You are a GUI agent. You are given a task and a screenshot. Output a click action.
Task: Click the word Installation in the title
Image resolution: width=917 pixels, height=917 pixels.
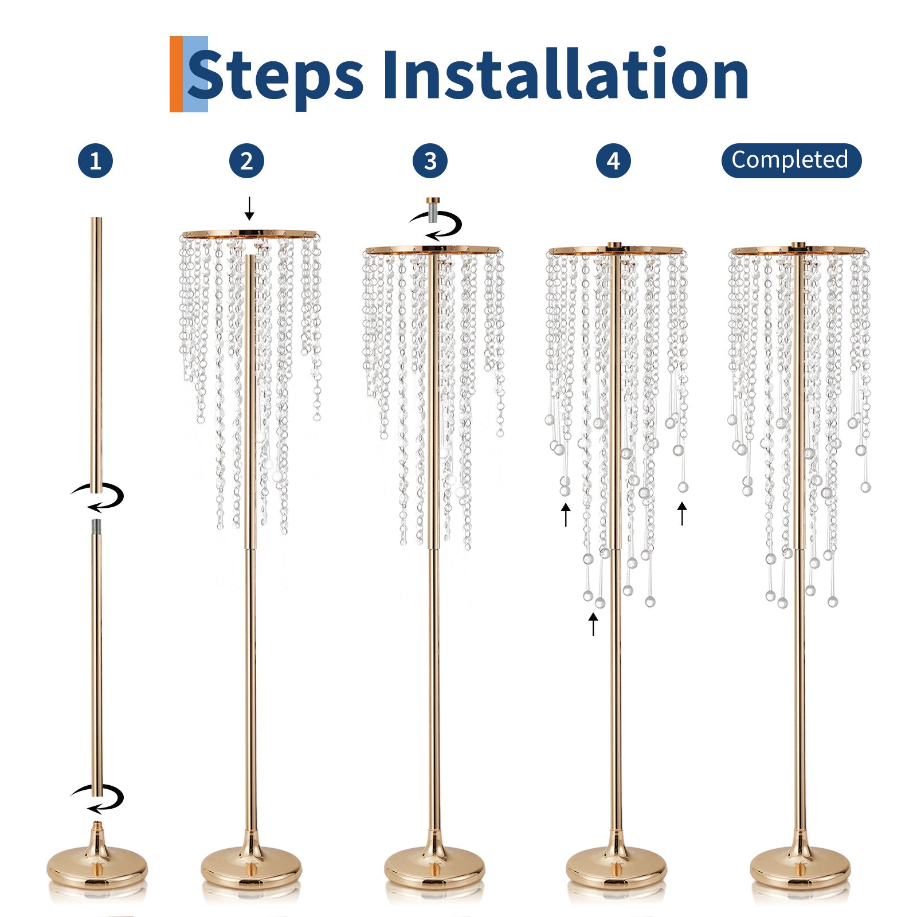tap(565, 74)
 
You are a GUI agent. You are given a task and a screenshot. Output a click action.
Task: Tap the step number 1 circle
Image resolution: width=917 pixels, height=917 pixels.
tap(95, 160)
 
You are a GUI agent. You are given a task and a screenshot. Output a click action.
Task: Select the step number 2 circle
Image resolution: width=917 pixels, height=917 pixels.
tap(246, 160)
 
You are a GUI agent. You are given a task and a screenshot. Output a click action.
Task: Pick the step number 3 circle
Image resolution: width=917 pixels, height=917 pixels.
tap(430, 160)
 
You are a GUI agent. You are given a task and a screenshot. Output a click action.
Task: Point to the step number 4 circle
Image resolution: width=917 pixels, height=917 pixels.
tap(613, 160)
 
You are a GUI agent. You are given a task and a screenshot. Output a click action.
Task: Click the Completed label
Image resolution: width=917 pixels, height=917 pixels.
tap(791, 160)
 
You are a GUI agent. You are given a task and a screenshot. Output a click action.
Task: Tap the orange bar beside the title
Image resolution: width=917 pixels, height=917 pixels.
tap(176, 74)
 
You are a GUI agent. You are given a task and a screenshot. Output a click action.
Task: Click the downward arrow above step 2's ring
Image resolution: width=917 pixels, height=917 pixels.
tap(249, 208)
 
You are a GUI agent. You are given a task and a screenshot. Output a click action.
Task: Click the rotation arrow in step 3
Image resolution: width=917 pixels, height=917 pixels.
tap(436, 225)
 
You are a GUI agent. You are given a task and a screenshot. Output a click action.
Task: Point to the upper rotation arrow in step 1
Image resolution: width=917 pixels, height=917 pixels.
tap(97, 496)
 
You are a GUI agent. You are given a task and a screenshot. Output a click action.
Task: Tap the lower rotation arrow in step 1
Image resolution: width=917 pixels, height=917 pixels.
tap(97, 799)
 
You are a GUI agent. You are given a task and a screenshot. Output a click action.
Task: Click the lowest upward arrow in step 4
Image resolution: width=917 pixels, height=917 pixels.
tap(593, 624)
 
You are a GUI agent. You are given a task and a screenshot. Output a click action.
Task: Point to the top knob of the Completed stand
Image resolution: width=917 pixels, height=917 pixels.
tap(798, 246)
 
